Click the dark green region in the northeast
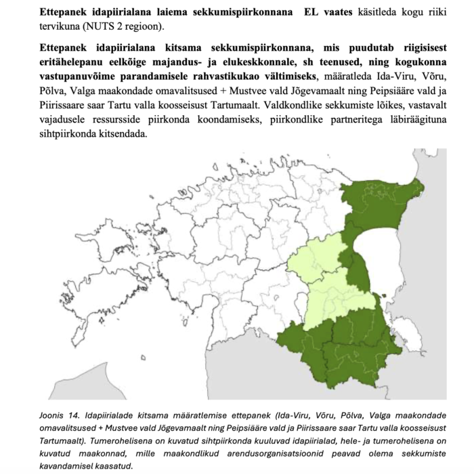pyautogui.click(x=379, y=203)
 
